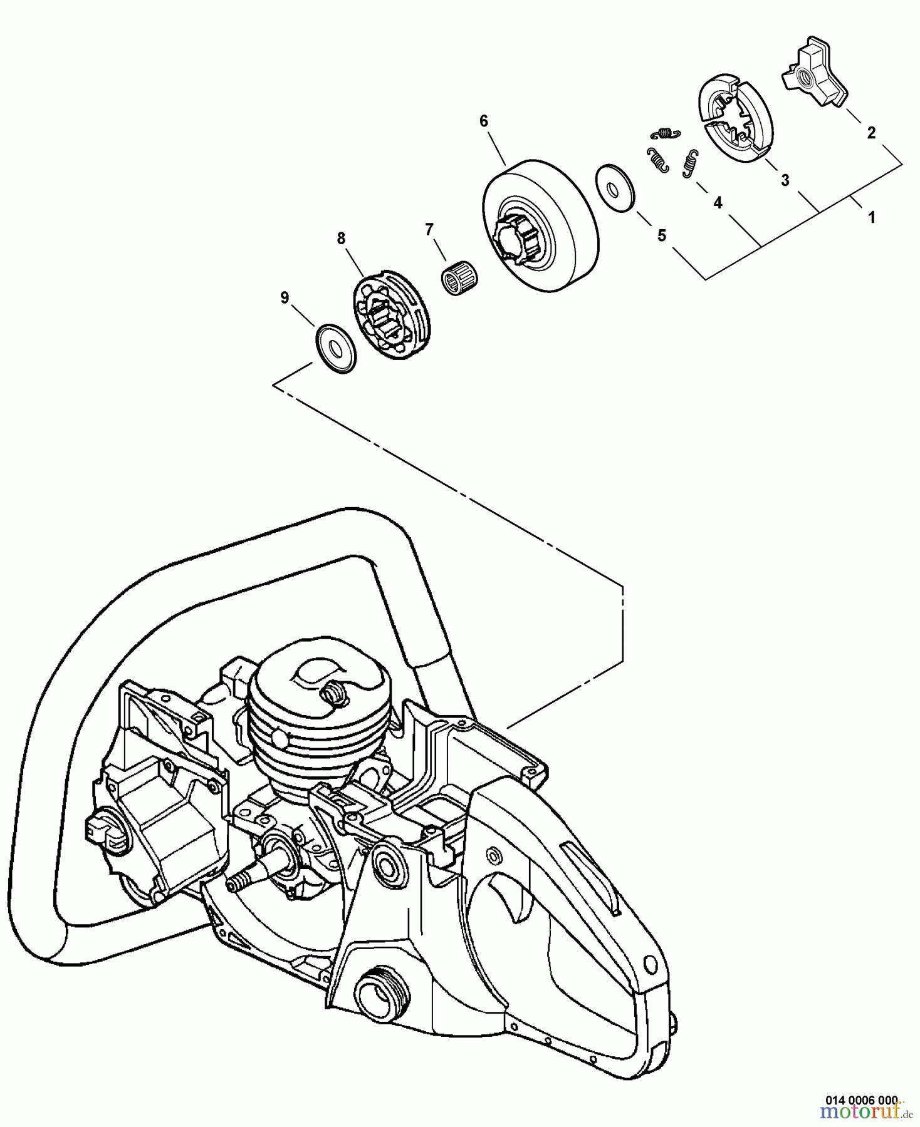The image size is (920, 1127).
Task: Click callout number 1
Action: tap(871, 217)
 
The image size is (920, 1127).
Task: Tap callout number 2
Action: tap(871, 132)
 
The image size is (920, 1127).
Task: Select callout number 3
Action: tap(785, 180)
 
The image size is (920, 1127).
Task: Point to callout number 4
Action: tap(718, 202)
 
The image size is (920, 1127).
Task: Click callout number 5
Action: tap(661, 235)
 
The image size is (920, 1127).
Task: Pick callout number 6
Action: tap(483, 121)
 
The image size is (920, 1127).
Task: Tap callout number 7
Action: tap(429, 230)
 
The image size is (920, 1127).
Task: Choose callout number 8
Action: tap(341, 238)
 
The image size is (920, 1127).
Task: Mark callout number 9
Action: tap(285, 298)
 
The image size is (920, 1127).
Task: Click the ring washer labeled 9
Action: tap(335, 348)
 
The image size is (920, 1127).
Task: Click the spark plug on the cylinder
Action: tap(335, 694)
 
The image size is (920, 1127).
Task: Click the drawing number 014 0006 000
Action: tap(861, 1099)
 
